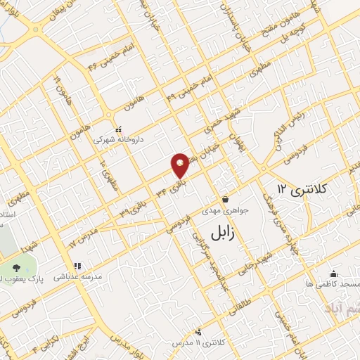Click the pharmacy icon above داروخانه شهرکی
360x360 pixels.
point(117,129)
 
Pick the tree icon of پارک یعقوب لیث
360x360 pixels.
point(17,267)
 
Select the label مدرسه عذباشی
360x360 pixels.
point(79,277)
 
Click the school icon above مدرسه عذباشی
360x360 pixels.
point(77,266)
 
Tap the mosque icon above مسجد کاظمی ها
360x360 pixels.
point(333,274)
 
